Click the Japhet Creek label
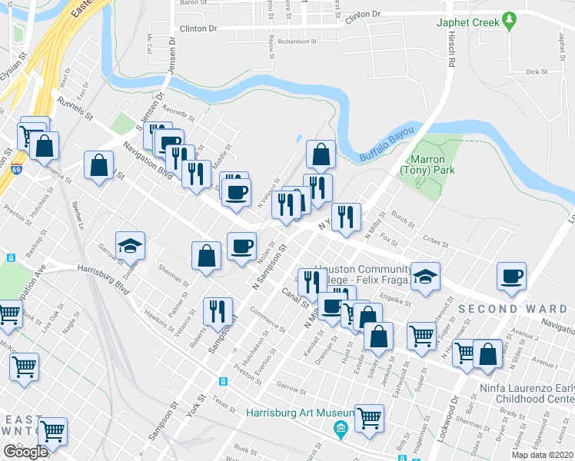click(x=463, y=22)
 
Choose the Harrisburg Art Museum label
click(x=293, y=413)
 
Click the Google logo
click(x=25, y=452)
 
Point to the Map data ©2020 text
click(x=543, y=455)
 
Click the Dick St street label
click(x=536, y=71)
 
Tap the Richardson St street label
click(x=298, y=41)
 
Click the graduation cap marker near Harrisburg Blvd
click(x=130, y=246)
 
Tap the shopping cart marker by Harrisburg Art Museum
click(x=369, y=419)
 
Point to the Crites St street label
click(x=435, y=240)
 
